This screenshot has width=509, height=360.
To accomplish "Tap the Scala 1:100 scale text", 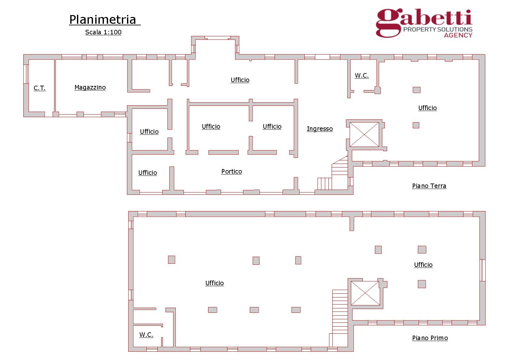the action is click(x=103, y=32).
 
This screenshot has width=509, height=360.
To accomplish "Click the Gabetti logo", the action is click(x=424, y=23).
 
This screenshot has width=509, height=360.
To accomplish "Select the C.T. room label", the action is click(x=40, y=88).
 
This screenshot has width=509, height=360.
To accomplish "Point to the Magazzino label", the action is click(x=90, y=87).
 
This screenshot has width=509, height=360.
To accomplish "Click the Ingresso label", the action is click(x=320, y=129).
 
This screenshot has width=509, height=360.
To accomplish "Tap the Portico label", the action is click(x=232, y=171).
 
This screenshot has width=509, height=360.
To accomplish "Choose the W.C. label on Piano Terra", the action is click(x=362, y=75).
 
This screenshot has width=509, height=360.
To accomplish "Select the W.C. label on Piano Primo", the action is click(x=146, y=335).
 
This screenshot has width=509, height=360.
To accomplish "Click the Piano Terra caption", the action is click(x=429, y=186).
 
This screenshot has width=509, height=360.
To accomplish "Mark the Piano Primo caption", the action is click(x=430, y=338).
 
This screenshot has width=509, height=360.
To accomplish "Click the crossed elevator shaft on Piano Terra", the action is click(x=364, y=134).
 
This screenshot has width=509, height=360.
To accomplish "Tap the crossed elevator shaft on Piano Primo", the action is click(x=365, y=293).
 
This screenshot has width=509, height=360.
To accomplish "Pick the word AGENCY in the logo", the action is click(x=458, y=35).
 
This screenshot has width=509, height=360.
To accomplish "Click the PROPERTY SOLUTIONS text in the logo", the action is click(x=438, y=29).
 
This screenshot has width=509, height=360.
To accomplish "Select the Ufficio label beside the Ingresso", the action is click(x=272, y=126).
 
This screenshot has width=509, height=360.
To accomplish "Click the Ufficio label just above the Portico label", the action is click(x=211, y=126).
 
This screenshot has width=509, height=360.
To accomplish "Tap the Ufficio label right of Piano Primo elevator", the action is click(x=423, y=265).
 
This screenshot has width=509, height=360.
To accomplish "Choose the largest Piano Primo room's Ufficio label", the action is click(x=215, y=283).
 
